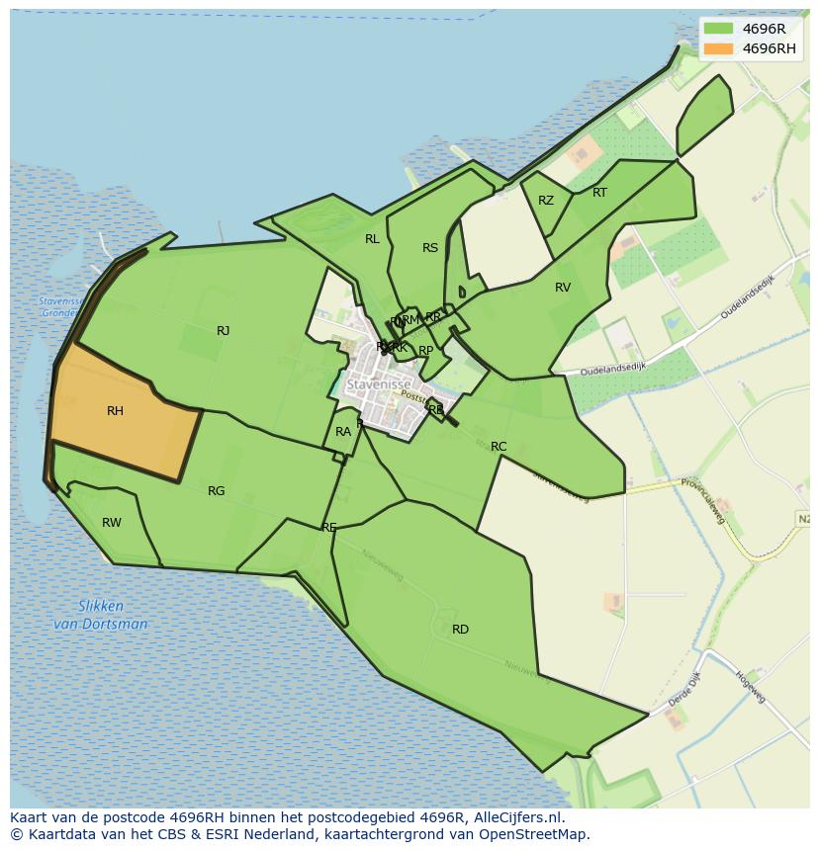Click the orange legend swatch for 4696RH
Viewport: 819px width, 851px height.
click(x=719, y=48)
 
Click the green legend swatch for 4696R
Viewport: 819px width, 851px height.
click(x=719, y=29)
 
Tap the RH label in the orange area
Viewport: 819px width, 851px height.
click(x=115, y=411)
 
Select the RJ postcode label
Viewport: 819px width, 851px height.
click(x=223, y=331)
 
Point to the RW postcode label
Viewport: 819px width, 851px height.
click(x=112, y=523)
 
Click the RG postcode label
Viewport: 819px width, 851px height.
click(x=216, y=491)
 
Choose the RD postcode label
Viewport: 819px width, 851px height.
click(x=460, y=630)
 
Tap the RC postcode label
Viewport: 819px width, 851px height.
click(x=499, y=447)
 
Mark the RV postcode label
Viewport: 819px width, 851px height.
click(x=563, y=288)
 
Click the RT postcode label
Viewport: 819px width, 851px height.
click(x=599, y=193)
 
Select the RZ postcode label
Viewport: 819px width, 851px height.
click(x=546, y=201)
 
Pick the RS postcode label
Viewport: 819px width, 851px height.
click(x=430, y=248)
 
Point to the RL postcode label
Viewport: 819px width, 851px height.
click(x=372, y=239)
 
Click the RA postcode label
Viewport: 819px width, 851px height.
click(x=343, y=432)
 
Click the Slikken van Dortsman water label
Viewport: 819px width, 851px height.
click(x=100, y=615)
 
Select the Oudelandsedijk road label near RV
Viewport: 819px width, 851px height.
click(x=612, y=367)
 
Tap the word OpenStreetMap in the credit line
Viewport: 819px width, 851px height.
click(x=538, y=834)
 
